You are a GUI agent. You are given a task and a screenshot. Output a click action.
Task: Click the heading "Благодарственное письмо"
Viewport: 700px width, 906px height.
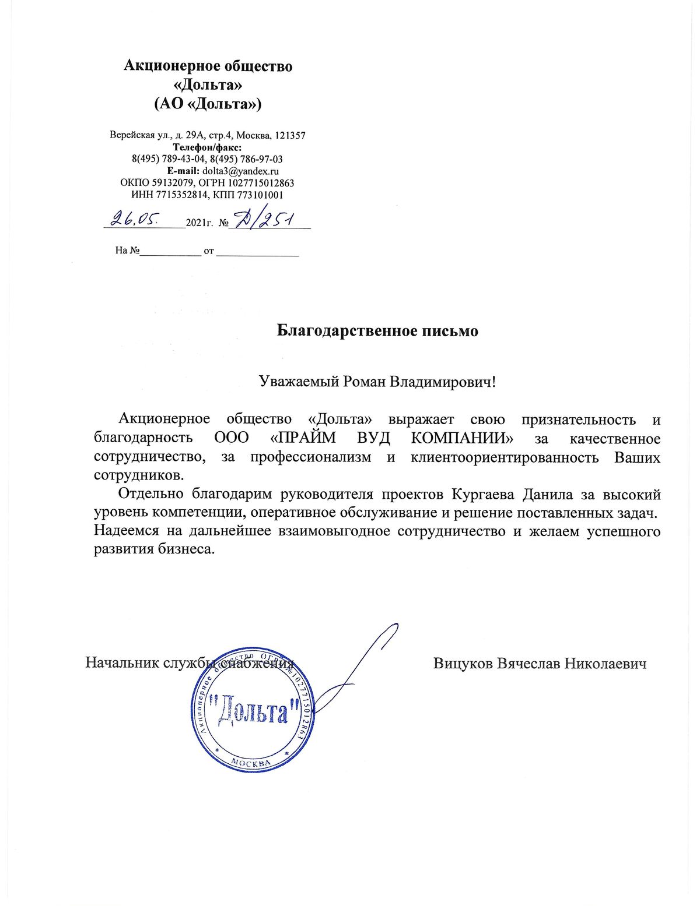click(x=377, y=331)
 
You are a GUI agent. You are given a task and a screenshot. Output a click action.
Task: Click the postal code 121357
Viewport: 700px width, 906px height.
click(x=290, y=135)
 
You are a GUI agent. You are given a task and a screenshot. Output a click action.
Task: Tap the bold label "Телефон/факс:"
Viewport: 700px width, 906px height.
click(x=207, y=147)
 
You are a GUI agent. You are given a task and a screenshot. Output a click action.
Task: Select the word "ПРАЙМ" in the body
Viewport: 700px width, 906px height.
click(x=303, y=438)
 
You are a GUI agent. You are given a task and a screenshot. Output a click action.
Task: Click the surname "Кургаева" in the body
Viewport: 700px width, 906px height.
click(x=483, y=495)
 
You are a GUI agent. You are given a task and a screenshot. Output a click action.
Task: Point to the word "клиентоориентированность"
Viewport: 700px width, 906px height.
click(x=505, y=457)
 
